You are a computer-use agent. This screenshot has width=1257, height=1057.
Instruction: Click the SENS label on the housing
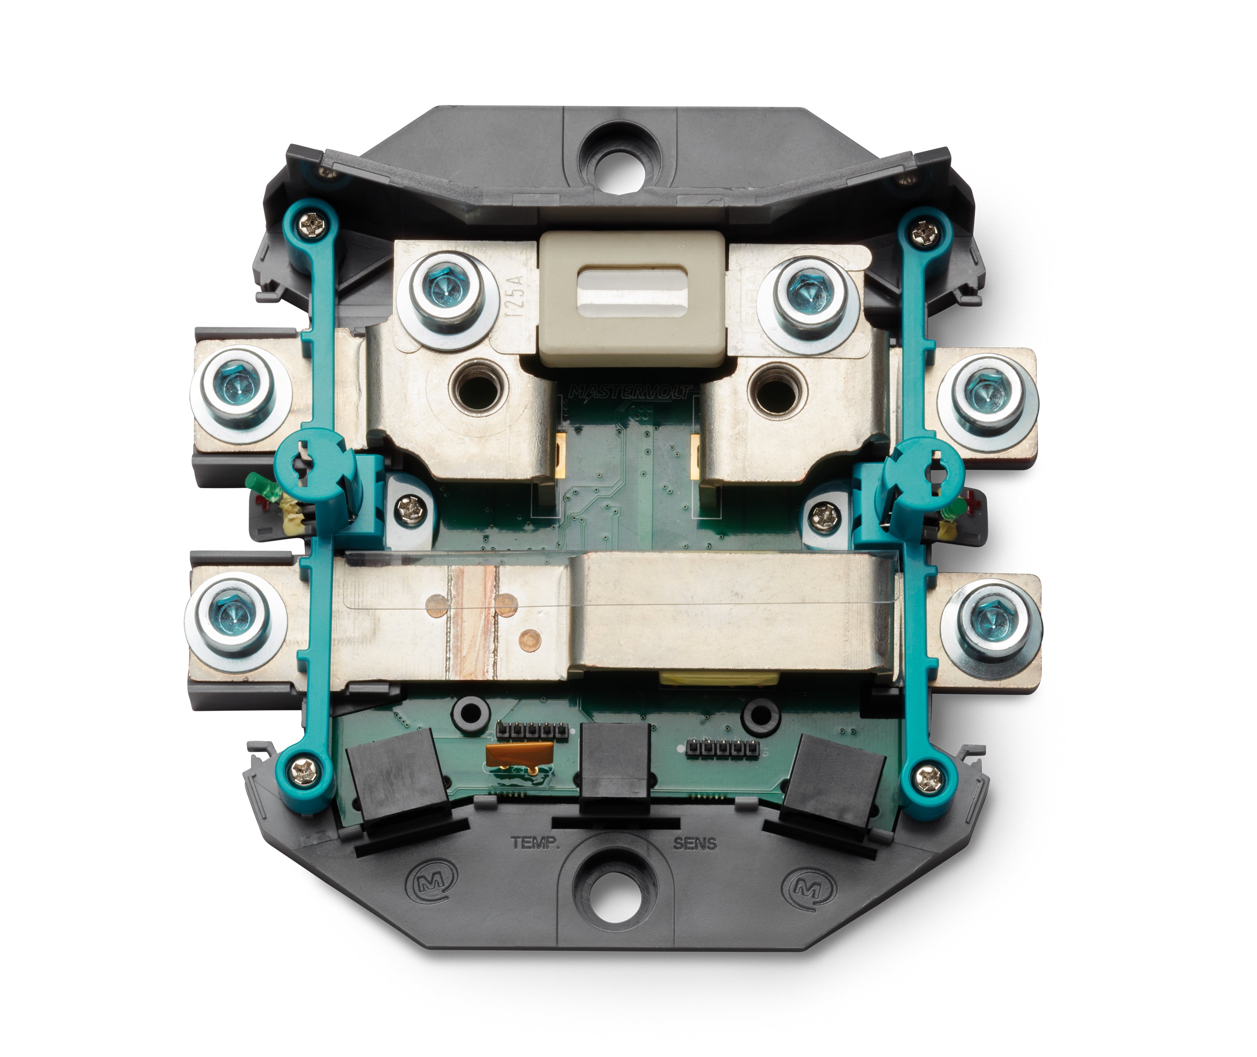click(x=694, y=844)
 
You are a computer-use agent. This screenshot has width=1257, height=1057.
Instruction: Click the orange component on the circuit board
click(x=519, y=753)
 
